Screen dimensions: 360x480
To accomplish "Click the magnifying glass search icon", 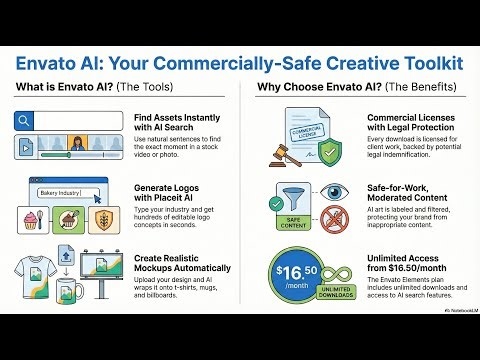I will (26, 121).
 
